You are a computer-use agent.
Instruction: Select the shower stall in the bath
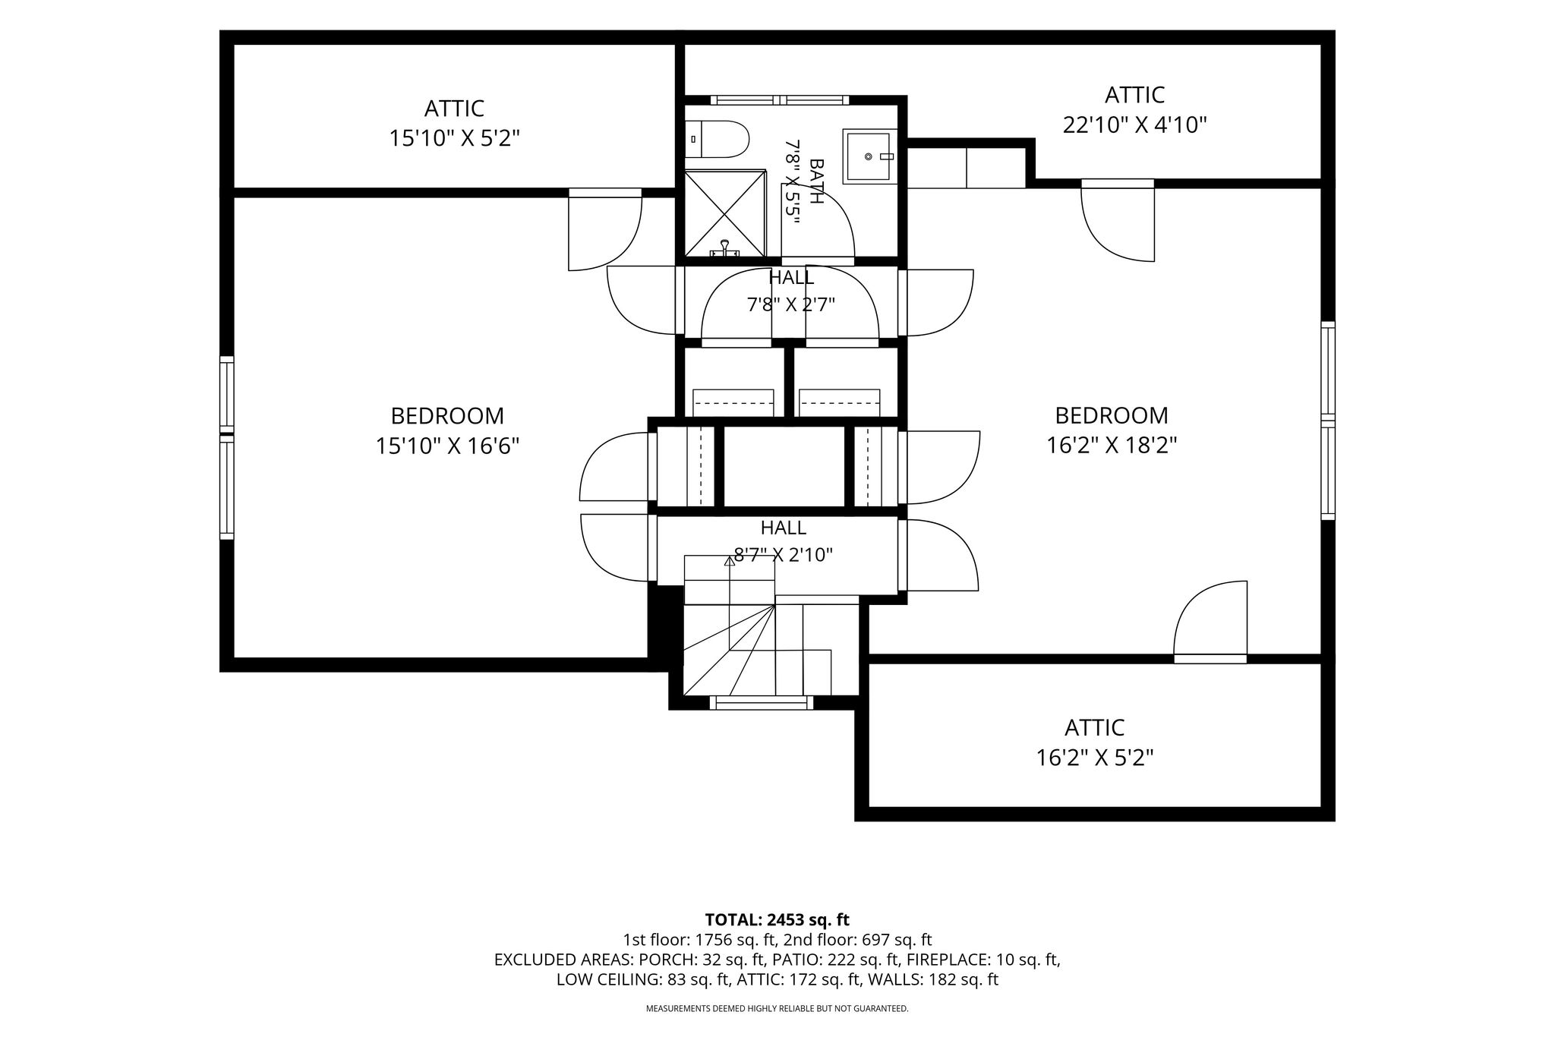point(725,213)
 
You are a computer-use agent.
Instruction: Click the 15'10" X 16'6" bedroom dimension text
point(447,446)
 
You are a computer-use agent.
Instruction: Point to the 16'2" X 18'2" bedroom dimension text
point(1112,445)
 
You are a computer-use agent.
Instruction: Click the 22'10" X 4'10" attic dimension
point(1134,125)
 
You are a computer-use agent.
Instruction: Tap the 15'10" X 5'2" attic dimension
point(454,138)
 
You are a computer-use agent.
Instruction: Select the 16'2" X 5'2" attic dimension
point(1094,758)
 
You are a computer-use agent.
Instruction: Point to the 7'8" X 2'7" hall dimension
point(791,305)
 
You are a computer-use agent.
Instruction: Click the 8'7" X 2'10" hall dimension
point(783,555)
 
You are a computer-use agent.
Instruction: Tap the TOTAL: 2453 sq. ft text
point(777,920)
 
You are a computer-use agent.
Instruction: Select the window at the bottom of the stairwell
point(761,703)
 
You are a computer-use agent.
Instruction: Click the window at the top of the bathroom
point(780,99)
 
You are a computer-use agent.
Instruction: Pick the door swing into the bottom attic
point(1210,619)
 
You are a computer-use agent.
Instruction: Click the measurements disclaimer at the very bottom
point(777,1009)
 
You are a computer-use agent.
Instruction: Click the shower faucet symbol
point(725,247)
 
